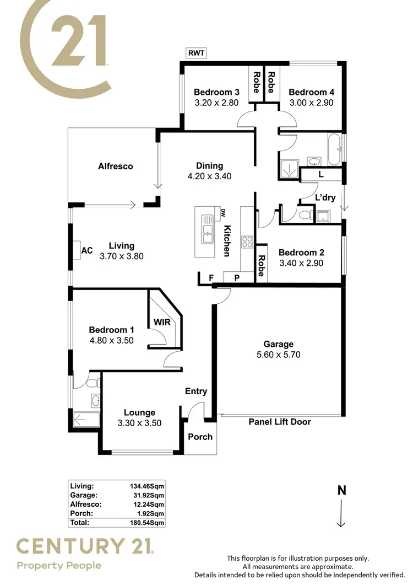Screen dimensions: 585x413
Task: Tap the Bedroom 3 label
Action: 215,92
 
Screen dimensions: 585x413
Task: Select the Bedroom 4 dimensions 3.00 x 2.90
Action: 311,103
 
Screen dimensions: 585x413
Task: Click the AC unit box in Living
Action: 86,250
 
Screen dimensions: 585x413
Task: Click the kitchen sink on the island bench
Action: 208,233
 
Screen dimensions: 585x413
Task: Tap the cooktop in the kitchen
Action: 247,241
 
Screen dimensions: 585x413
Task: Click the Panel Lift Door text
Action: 280,422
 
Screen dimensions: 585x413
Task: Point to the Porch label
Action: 200,437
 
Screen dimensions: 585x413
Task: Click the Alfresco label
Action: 115,166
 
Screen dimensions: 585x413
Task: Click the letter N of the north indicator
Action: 341,490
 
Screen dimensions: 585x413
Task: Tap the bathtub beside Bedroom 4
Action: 335,149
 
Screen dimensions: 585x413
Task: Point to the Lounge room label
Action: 139,412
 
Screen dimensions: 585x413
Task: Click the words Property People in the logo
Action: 59,565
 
